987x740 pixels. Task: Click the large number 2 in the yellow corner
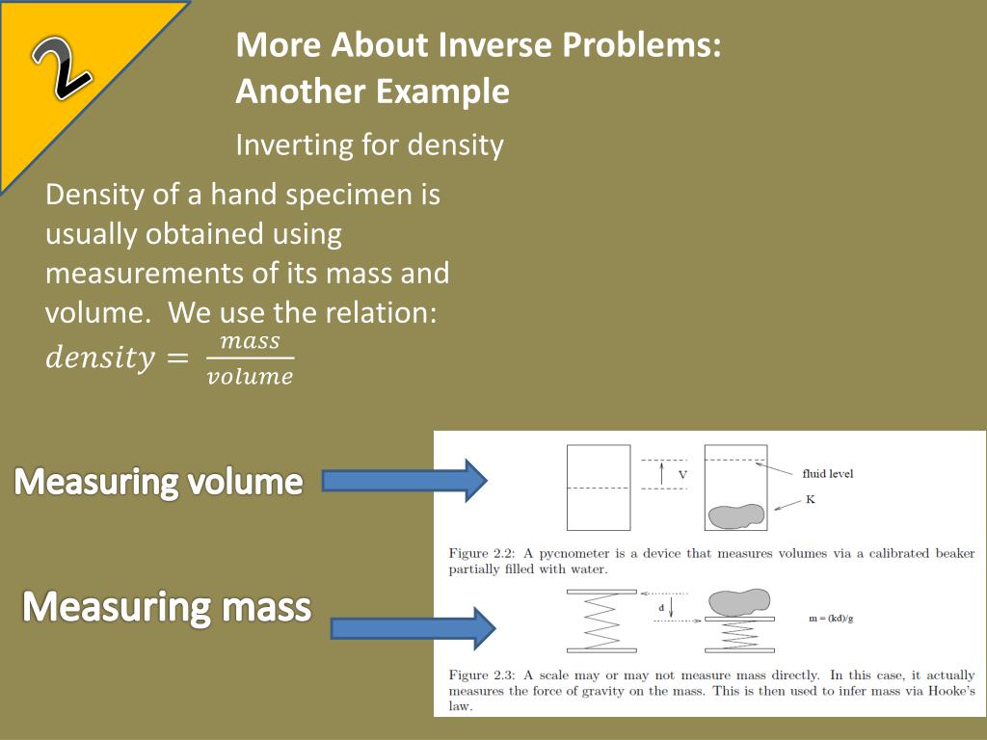pyautogui.click(x=62, y=68)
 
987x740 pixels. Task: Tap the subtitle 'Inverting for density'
pyautogui.click(x=369, y=145)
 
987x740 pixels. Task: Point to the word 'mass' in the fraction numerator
pyautogui.click(x=250, y=341)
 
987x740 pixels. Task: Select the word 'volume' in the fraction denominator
pyautogui.click(x=250, y=377)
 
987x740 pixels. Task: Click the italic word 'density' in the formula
pyautogui.click(x=100, y=357)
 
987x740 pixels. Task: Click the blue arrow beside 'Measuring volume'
pyautogui.click(x=405, y=480)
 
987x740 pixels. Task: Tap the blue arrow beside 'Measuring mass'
pyautogui.click(x=413, y=628)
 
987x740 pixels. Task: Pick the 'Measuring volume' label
pyautogui.click(x=159, y=482)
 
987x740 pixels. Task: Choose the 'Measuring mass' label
pyautogui.click(x=167, y=607)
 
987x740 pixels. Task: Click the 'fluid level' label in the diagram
pyautogui.click(x=828, y=474)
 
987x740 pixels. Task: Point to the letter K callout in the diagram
pyautogui.click(x=810, y=500)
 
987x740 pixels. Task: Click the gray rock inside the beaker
pyautogui.click(x=735, y=516)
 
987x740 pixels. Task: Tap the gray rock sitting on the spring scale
pyautogui.click(x=738, y=601)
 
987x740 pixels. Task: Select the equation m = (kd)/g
pyautogui.click(x=831, y=619)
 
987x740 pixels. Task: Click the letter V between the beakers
pyautogui.click(x=682, y=475)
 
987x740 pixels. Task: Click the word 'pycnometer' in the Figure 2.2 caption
pyautogui.click(x=574, y=554)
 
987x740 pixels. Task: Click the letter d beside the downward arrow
pyautogui.click(x=661, y=608)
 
